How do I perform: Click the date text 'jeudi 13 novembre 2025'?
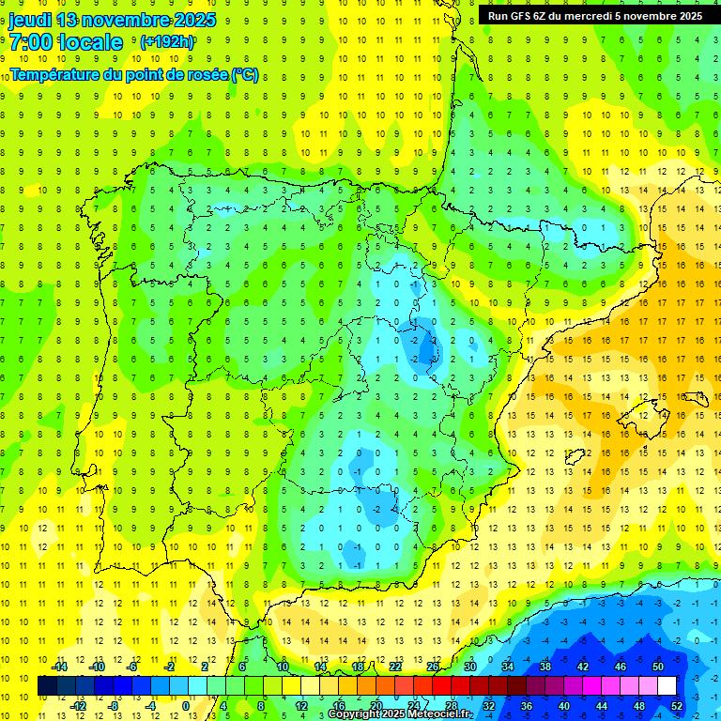click(113, 20)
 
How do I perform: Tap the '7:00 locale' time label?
click(66, 42)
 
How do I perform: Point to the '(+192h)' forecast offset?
click(167, 42)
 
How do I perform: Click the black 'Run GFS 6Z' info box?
click(594, 15)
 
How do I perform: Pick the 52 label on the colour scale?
click(677, 706)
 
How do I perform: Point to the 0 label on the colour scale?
click(186, 706)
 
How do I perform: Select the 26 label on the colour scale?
click(433, 667)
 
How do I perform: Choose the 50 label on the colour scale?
click(658, 667)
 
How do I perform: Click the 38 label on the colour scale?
click(545, 667)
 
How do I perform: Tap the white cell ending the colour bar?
click(667, 685)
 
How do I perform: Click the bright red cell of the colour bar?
click(442, 685)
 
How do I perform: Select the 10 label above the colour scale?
click(283, 667)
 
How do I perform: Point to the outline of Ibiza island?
click(575, 457)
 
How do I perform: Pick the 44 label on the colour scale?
click(602, 706)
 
